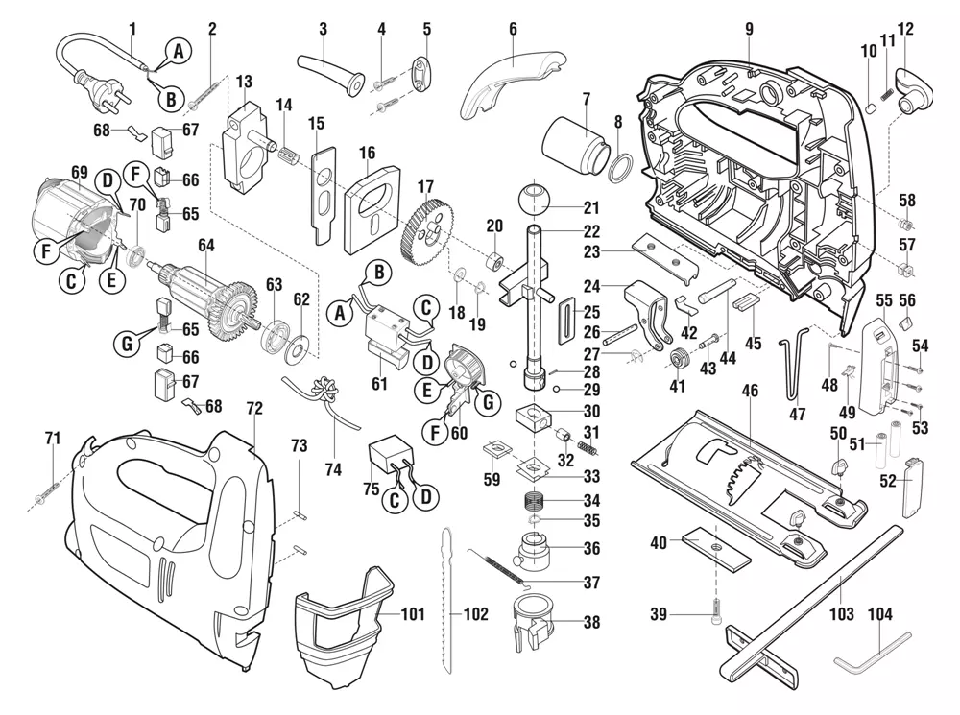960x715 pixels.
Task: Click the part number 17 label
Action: pyautogui.click(x=425, y=186)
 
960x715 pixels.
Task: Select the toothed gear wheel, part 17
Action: pyautogui.click(x=427, y=231)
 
